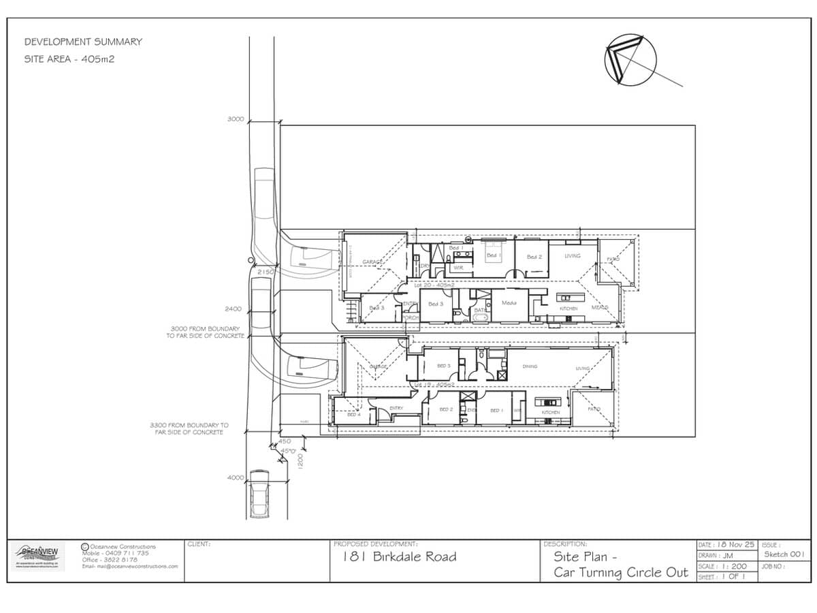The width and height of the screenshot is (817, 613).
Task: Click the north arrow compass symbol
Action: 630,61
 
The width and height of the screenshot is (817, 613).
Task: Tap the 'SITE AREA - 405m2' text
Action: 69,59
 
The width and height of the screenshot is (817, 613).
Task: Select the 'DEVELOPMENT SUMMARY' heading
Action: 83,42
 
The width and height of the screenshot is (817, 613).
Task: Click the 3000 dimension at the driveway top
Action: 235,119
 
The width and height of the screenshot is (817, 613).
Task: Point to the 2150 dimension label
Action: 266,272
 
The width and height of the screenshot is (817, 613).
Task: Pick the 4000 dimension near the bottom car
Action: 235,477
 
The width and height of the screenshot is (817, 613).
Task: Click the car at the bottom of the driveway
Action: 260,494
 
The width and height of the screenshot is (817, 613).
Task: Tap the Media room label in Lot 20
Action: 509,302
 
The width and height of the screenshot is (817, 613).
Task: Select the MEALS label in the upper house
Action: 600,307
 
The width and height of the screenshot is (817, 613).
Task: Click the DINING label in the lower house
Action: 530,366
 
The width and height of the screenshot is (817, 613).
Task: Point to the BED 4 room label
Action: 353,414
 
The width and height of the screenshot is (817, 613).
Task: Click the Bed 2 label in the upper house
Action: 534,257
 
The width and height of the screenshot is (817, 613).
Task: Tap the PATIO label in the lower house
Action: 594,409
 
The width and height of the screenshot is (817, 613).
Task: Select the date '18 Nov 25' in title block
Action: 736,545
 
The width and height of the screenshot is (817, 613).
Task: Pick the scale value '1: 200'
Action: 733,566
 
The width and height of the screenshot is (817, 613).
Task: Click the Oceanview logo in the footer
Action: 38,555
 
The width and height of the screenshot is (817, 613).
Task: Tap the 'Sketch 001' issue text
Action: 784,554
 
